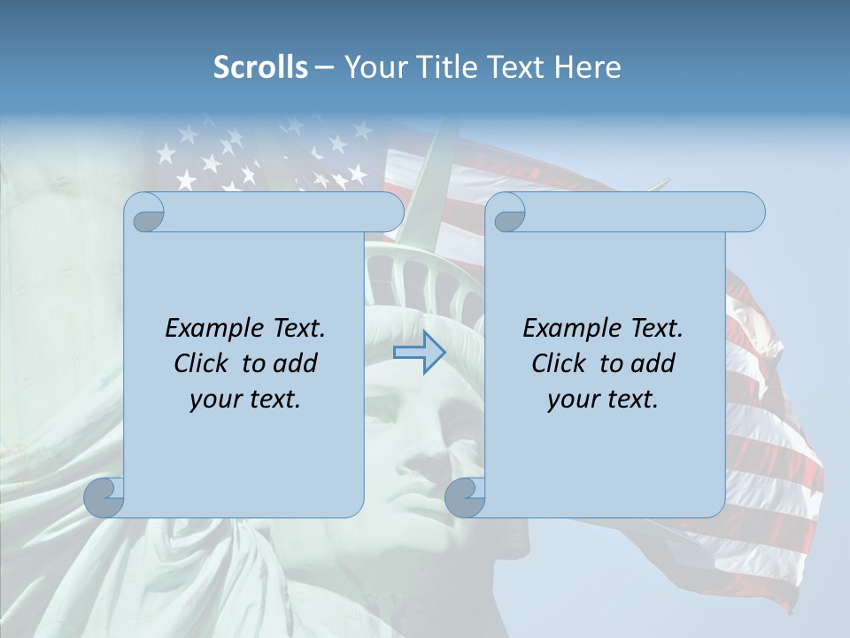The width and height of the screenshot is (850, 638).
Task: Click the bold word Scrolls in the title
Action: [x=260, y=67]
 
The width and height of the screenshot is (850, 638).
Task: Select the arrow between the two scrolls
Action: [x=419, y=353]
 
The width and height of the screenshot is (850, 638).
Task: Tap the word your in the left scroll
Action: [x=214, y=400]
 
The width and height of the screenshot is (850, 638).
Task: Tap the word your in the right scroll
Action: [x=572, y=400]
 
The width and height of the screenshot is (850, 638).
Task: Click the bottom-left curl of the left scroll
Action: [x=104, y=497]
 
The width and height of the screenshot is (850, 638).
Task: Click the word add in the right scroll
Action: [x=654, y=364]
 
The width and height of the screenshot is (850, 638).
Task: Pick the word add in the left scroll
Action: [x=297, y=364]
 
